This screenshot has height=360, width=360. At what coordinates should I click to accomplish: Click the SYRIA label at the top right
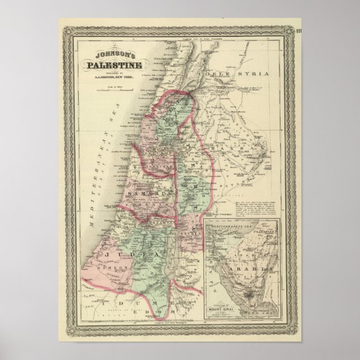(x=257, y=74)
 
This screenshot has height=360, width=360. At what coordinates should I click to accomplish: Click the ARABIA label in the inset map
(x=258, y=268)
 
